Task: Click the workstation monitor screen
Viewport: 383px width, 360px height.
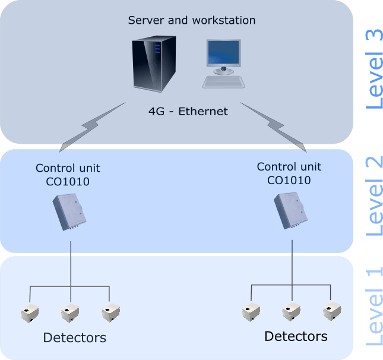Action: (x=223, y=53)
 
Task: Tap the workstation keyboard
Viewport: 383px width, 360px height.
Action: (x=224, y=81)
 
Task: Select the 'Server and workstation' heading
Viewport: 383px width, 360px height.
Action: (x=192, y=21)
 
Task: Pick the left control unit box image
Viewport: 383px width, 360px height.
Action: (x=69, y=211)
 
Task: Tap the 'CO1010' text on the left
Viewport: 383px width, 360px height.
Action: (x=68, y=181)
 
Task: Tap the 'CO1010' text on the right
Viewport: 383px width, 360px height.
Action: (x=289, y=179)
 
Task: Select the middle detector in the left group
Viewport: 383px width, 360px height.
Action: (x=70, y=312)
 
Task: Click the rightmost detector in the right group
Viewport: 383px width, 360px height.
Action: (x=331, y=311)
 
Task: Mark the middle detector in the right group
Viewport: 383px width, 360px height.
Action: (x=291, y=311)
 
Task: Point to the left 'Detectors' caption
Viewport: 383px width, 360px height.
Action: (x=74, y=339)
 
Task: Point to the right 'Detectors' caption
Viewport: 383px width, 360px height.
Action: (x=295, y=337)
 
